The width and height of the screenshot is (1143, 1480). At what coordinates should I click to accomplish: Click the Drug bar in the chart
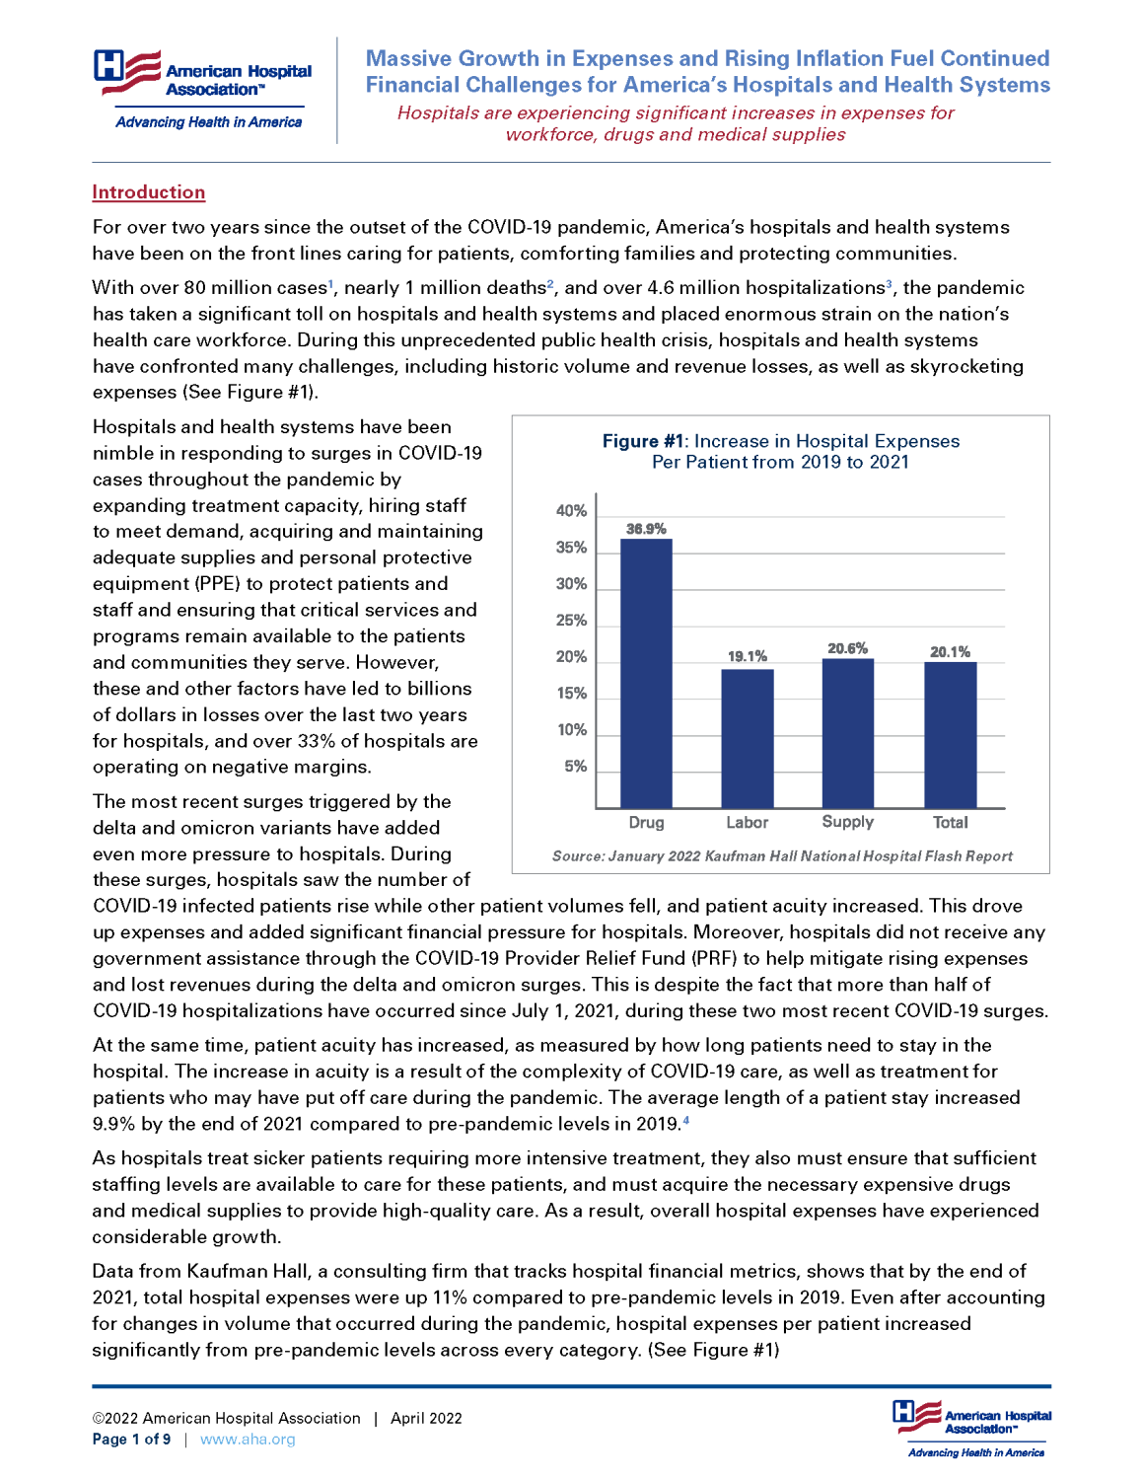tap(646, 673)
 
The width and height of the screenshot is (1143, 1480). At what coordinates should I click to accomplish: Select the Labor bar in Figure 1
tap(747, 738)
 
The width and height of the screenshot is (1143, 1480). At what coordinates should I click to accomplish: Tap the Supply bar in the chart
tap(847, 733)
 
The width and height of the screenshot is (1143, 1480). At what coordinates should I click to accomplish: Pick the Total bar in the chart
tap(950, 735)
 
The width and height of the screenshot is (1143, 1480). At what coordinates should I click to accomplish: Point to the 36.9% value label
tap(646, 529)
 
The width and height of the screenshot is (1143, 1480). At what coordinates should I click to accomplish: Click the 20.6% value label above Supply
tap(847, 648)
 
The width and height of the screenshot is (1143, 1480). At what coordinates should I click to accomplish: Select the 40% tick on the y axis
tap(571, 511)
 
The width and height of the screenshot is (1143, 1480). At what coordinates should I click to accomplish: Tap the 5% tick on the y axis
tap(575, 767)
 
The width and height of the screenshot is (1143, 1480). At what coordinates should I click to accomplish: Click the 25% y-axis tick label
tap(571, 621)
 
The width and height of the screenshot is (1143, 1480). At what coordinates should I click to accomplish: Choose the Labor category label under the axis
tap(747, 823)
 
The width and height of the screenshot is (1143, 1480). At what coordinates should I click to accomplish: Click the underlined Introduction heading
tap(149, 192)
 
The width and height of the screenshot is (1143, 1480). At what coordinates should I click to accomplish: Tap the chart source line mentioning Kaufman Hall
tap(782, 856)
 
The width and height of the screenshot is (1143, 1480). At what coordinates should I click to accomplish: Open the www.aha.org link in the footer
tap(248, 1440)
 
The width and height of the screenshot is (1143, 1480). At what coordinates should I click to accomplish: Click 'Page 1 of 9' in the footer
tap(131, 1440)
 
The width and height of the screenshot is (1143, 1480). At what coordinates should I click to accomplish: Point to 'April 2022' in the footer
tap(426, 1419)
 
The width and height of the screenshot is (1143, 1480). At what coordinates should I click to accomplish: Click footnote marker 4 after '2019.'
tap(686, 1120)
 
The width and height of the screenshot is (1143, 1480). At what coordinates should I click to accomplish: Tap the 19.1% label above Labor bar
tap(747, 656)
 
